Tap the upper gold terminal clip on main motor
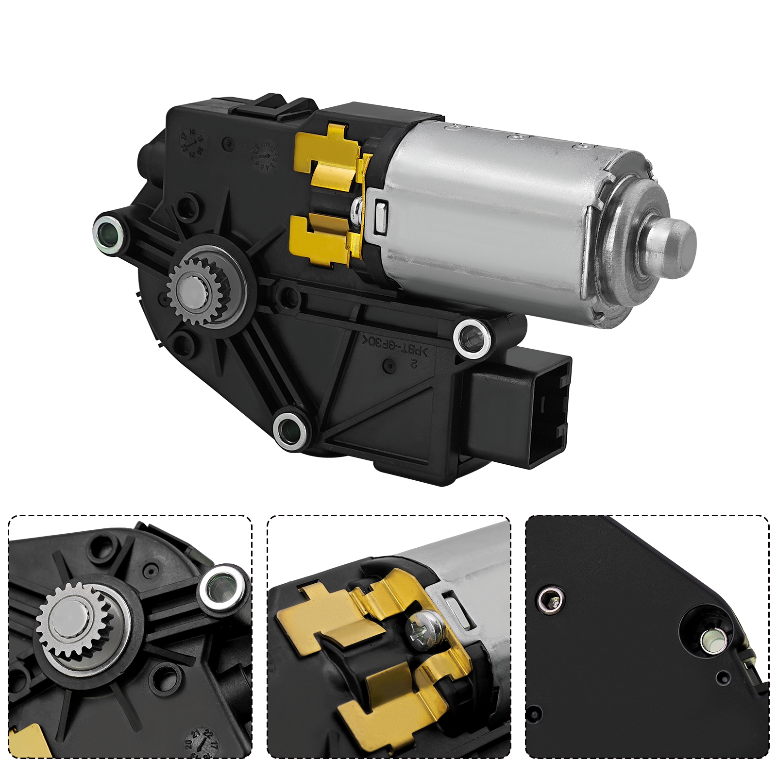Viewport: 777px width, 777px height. click(330, 155)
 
